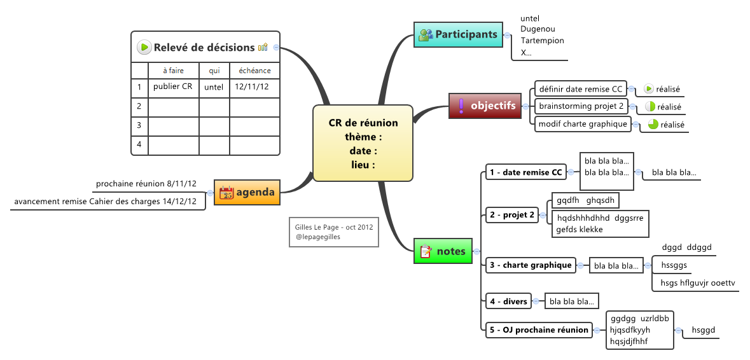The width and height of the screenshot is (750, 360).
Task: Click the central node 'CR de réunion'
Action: [363, 144]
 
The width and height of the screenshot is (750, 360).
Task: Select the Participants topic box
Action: [458, 34]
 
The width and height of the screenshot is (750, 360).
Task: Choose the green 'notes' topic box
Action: [443, 251]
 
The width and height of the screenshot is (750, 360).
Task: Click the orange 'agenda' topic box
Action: [247, 192]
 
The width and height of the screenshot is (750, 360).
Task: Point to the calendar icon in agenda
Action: [226, 192]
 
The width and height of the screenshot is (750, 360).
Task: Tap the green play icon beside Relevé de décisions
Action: [144, 47]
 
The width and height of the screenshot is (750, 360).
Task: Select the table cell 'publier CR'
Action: [173, 87]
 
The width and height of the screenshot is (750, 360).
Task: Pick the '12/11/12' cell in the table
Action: [252, 87]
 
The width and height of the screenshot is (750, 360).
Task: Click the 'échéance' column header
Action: [254, 71]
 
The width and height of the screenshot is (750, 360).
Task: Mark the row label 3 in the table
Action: [139, 125]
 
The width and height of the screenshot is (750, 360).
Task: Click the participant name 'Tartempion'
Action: [542, 41]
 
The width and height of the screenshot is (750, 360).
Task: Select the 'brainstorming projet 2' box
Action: [581, 106]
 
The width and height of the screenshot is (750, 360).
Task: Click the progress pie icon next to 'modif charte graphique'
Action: [653, 125]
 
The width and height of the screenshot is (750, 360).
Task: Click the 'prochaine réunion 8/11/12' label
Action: [146, 184]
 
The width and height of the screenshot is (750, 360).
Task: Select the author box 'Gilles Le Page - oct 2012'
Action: [334, 232]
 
